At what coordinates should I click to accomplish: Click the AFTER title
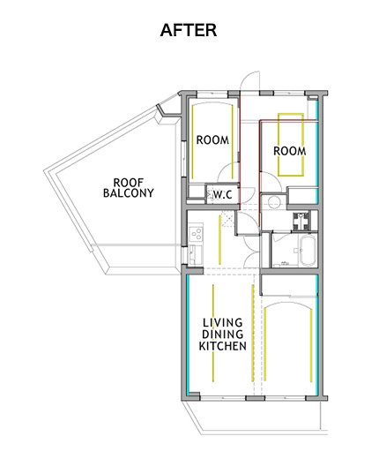(189, 30)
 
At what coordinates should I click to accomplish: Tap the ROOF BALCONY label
(129, 188)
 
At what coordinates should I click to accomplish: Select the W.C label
(222, 194)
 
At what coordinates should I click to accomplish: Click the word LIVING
(223, 323)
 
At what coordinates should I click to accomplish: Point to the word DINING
(223, 335)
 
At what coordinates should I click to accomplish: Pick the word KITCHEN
(223, 346)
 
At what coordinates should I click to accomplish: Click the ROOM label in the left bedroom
(212, 139)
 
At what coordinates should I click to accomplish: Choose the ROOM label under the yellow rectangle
(290, 151)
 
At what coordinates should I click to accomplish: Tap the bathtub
(308, 251)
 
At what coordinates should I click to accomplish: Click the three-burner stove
(196, 234)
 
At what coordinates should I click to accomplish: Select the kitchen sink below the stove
(195, 254)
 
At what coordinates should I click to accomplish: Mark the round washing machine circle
(274, 201)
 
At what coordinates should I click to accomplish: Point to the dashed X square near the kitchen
(228, 220)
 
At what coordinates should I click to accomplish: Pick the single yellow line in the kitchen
(219, 239)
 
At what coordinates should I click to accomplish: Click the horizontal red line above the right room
(288, 120)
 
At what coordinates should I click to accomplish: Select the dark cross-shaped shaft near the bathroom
(301, 221)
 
